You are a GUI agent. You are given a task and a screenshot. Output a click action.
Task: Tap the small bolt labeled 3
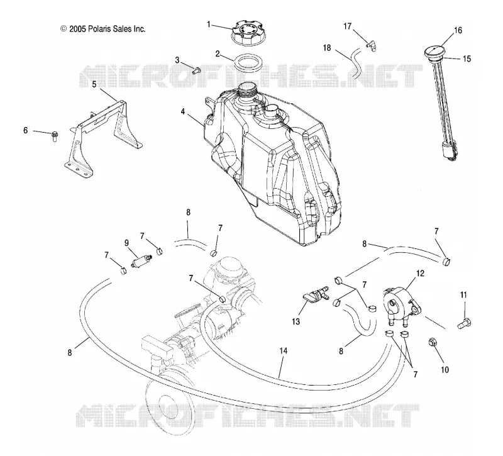(x=196, y=70)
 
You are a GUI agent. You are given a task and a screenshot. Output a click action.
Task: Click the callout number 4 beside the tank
(x=183, y=112)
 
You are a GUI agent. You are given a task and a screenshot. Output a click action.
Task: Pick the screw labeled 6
(x=55, y=136)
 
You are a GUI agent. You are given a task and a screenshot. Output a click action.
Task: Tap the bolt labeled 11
(x=464, y=323)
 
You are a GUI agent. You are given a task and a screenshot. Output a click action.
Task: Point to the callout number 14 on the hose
(x=284, y=351)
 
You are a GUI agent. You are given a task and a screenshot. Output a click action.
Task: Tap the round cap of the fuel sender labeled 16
(x=434, y=52)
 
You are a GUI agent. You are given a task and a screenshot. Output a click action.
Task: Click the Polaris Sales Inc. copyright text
(x=103, y=29)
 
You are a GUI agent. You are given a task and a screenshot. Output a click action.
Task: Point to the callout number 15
(x=467, y=58)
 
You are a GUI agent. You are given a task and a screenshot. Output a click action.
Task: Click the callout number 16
(x=458, y=30)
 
